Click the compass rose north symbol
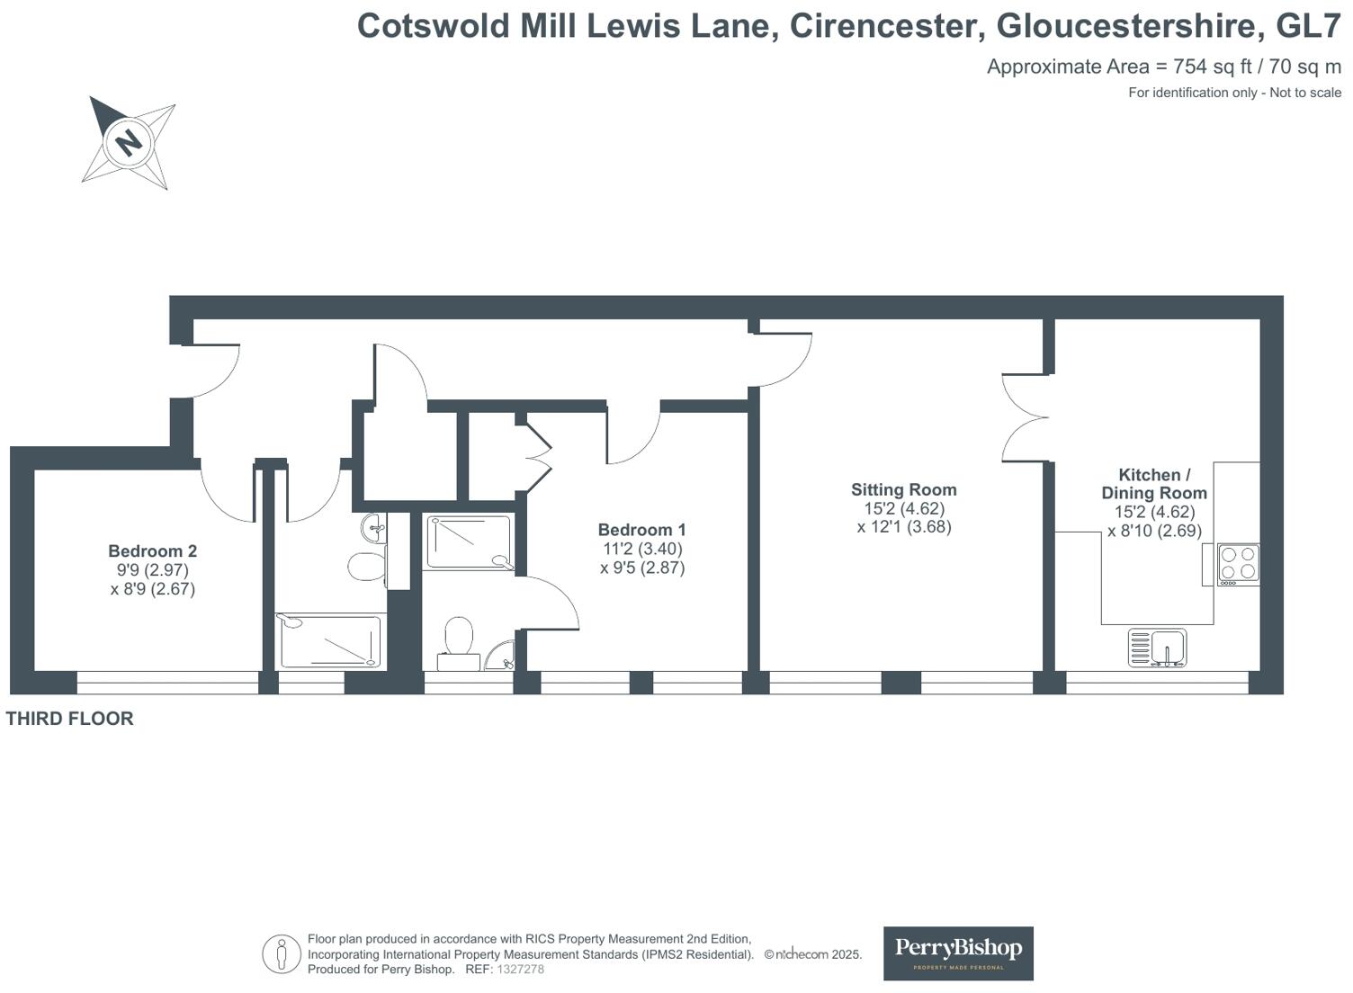(x=129, y=142)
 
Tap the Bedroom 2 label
(x=152, y=551)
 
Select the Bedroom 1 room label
(x=641, y=530)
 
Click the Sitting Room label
(x=903, y=490)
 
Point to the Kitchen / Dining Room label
(x=1154, y=484)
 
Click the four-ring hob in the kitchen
(x=1238, y=563)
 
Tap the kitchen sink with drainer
(x=1158, y=648)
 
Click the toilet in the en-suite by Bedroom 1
(x=459, y=639)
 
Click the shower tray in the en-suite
(x=468, y=541)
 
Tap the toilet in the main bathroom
(x=366, y=567)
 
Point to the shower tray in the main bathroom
(x=329, y=640)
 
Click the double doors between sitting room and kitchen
(x=1026, y=417)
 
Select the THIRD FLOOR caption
(x=70, y=719)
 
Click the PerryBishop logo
(x=958, y=953)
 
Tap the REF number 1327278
(x=520, y=970)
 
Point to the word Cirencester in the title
(x=882, y=26)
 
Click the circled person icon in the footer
(x=282, y=953)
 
